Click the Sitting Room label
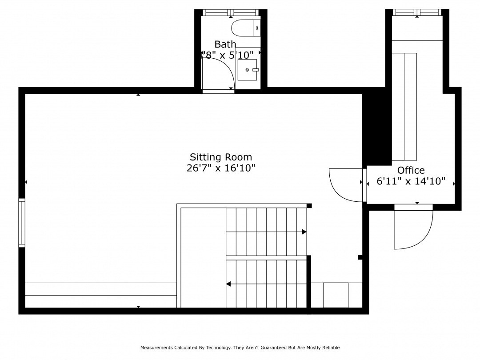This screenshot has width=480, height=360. [221, 157]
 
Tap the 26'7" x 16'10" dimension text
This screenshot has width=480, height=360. [221, 168]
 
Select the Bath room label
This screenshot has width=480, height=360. [225, 44]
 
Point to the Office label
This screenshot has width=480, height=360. [411, 170]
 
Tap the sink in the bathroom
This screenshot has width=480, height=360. [247, 70]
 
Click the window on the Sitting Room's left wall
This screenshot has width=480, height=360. [21, 223]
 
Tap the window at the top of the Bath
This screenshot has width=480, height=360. [231, 12]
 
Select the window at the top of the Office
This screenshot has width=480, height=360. [417, 12]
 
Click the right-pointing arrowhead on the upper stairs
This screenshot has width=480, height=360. [304, 232]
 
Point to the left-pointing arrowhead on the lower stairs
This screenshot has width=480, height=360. [228, 284]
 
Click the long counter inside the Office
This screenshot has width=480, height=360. [404, 107]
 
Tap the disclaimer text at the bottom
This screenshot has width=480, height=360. [240, 348]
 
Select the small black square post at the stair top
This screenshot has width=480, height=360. [309, 205]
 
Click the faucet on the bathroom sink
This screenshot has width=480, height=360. [255, 70]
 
